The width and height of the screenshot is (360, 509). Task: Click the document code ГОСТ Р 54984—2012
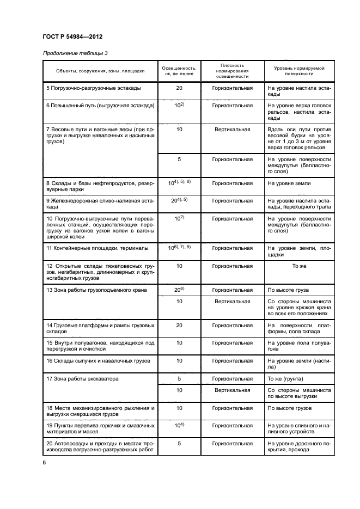click(72, 36)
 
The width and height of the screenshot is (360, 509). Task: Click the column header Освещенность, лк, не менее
click(179, 71)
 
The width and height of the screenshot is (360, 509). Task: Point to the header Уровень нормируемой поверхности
click(299, 71)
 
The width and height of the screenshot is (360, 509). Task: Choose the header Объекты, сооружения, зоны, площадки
click(100, 71)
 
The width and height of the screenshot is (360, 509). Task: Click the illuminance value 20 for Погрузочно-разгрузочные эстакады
click(179, 88)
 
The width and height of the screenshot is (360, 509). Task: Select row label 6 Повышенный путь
click(100, 105)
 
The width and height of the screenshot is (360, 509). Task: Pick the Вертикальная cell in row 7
click(233, 130)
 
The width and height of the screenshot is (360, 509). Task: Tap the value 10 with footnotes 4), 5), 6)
click(179, 183)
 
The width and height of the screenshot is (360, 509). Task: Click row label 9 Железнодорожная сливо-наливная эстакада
click(100, 204)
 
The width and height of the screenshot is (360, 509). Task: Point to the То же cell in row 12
click(299, 266)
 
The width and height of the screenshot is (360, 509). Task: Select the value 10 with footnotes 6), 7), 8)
click(179, 248)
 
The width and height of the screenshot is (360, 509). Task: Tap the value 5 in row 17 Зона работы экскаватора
click(179, 378)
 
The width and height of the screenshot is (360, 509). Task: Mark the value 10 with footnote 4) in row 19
click(179, 425)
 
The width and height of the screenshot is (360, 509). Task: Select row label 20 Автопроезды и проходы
click(100, 446)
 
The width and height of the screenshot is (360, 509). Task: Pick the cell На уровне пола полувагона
click(299, 347)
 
